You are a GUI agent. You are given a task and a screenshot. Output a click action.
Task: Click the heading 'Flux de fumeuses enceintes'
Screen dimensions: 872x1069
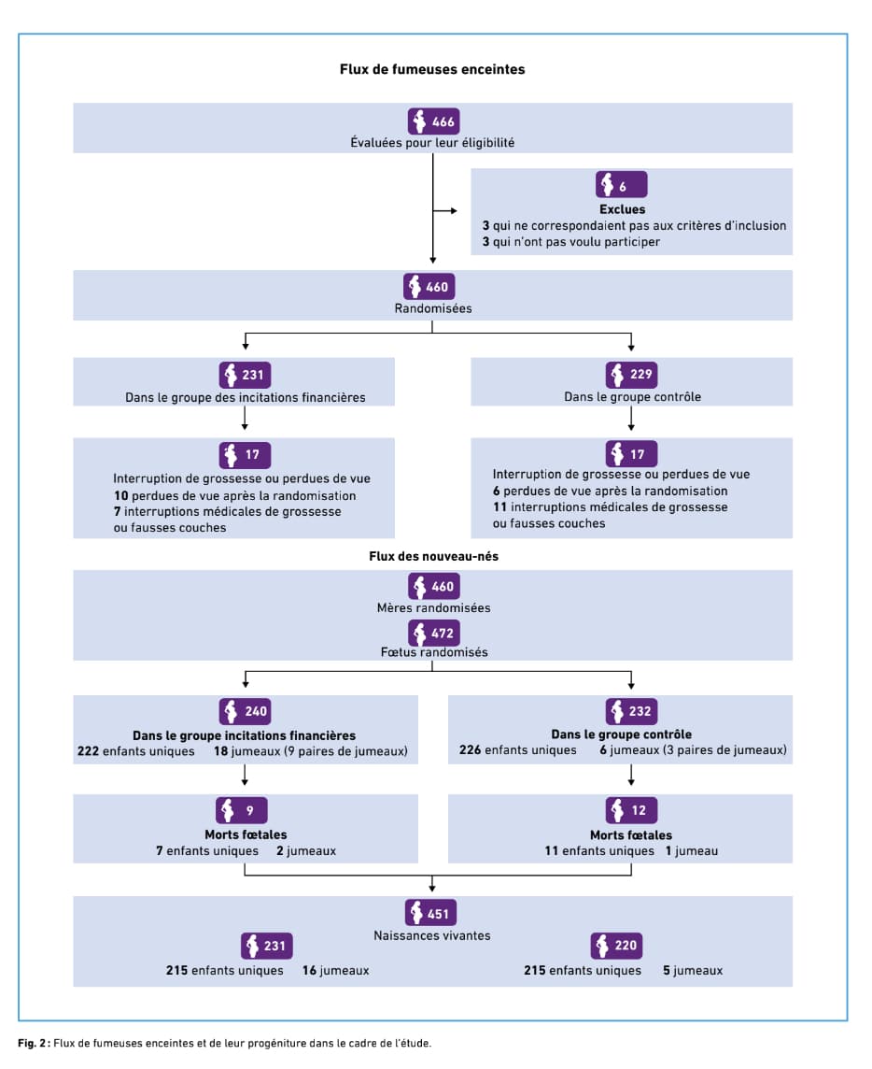click(x=432, y=69)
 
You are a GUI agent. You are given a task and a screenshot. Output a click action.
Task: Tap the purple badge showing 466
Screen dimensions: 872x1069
click(x=434, y=121)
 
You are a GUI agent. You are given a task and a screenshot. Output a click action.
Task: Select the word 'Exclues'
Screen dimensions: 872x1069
click(x=622, y=209)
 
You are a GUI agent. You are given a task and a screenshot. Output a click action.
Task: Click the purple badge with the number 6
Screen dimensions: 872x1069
click(x=621, y=184)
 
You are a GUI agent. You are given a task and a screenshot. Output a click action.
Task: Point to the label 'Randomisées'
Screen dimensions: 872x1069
click(x=432, y=308)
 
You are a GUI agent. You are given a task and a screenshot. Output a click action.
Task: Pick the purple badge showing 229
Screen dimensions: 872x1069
click(x=631, y=375)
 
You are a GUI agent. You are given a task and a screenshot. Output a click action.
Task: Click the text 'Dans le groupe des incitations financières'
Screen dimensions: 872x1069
click(x=246, y=397)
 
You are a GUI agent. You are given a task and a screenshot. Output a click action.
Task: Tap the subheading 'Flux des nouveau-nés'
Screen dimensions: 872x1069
click(x=433, y=556)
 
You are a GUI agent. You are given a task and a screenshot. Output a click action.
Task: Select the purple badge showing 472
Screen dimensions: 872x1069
click(x=434, y=633)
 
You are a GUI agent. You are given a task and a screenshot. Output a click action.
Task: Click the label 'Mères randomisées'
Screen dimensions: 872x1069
click(x=433, y=607)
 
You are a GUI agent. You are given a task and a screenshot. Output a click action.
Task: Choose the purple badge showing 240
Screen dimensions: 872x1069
click(x=245, y=711)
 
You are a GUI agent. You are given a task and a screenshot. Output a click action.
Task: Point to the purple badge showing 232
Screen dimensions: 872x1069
click(x=631, y=711)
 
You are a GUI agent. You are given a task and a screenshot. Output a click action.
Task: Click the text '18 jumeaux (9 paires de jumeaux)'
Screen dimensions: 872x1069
click(x=311, y=751)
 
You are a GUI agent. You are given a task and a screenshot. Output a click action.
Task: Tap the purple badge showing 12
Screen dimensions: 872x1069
click(x=631, y=810)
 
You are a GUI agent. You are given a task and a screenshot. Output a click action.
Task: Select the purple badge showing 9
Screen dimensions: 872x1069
click(x=241, y=810)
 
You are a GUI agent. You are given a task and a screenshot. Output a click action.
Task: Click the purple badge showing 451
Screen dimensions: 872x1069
click(x=430, y=913)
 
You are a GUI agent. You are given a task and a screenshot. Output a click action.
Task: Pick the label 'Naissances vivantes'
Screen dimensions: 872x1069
click(x=432, y=935)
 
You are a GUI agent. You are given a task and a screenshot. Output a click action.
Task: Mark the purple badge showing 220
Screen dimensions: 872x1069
click(x=616, y=946)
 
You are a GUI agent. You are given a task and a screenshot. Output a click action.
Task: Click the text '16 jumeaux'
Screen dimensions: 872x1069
click(x=335, y=970)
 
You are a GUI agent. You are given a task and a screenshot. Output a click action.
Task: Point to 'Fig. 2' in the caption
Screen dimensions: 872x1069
click(x=34, y=1043)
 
